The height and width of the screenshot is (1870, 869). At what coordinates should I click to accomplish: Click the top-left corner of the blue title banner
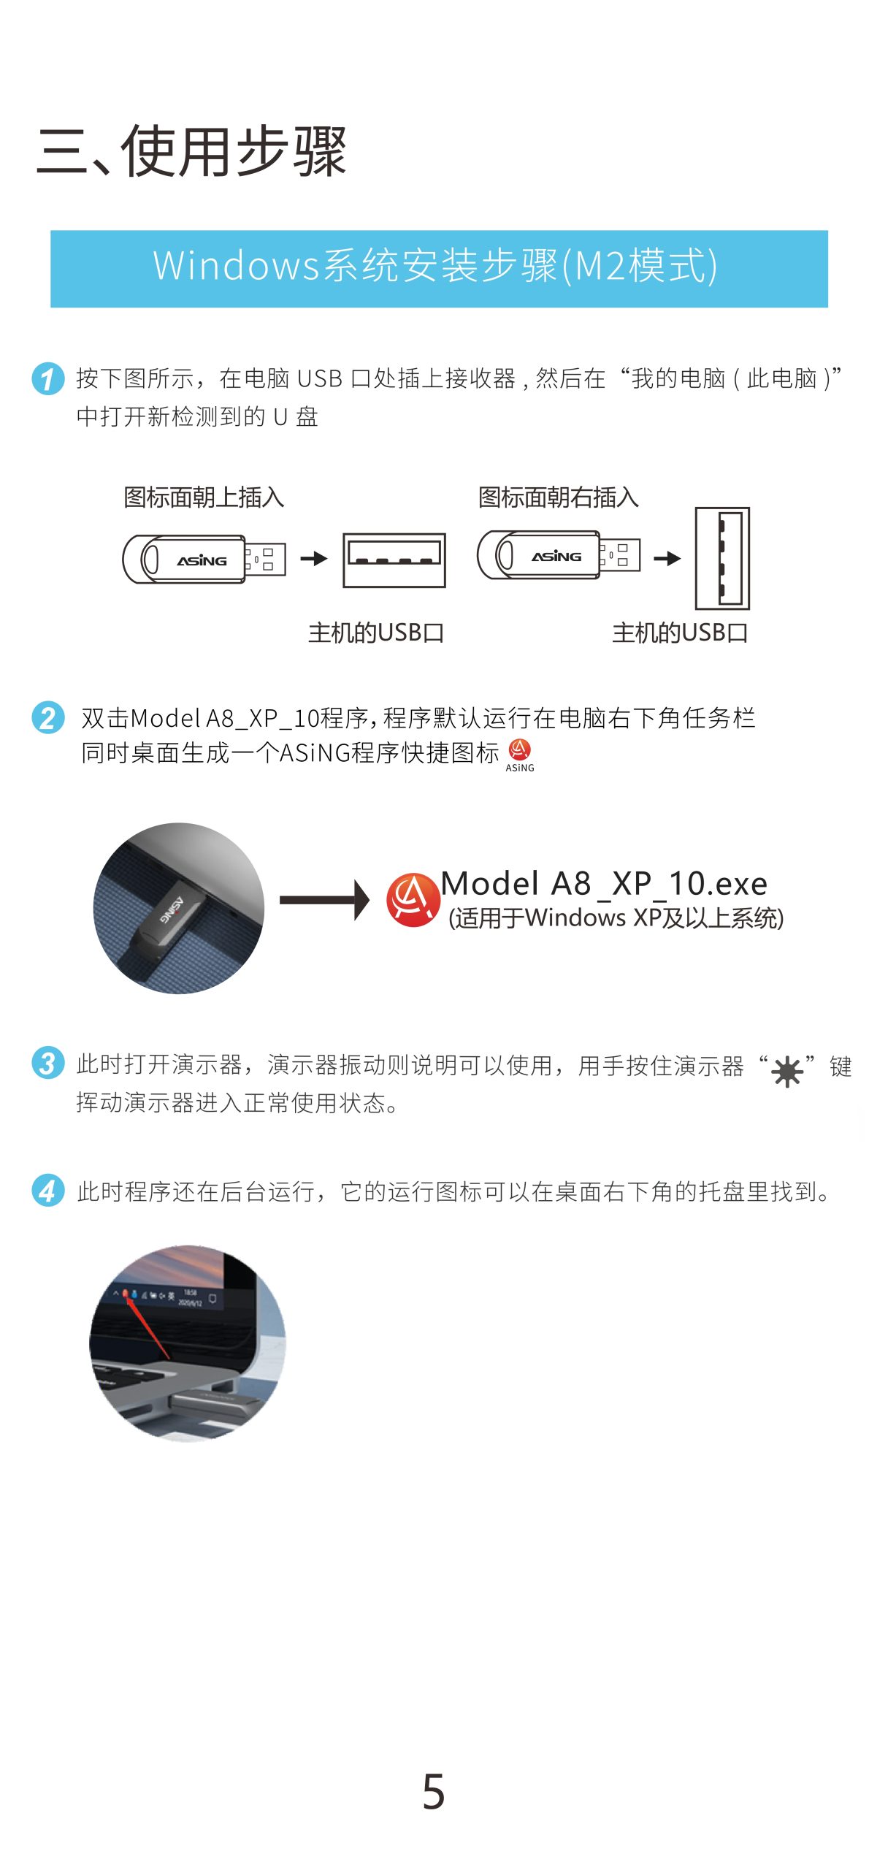[50, 231]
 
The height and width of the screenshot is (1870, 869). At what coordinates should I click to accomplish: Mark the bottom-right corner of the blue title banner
[828, 308]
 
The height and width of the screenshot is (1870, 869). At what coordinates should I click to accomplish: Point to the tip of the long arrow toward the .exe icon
[370, 900]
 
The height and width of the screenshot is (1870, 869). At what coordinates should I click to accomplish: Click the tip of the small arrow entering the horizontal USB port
[329, 559]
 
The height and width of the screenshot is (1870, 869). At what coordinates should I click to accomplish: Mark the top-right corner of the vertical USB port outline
[749, 508]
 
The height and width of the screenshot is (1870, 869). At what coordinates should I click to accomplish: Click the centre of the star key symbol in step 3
[787, 1072]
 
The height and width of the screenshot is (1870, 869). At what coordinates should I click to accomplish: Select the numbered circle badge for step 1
[48, 378]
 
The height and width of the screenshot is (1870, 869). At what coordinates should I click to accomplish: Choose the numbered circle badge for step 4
[48, 1191]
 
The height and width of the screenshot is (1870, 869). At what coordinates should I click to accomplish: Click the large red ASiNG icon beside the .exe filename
[413, 900]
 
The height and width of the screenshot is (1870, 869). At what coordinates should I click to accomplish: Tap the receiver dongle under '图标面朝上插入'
[204, 559]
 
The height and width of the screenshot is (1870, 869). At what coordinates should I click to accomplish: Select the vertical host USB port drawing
[722, 559]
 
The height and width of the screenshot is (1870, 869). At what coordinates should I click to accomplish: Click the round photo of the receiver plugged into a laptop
[179, 908]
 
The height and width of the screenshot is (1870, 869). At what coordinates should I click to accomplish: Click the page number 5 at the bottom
[434, 1791]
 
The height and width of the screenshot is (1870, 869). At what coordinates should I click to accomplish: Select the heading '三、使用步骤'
[191, 151]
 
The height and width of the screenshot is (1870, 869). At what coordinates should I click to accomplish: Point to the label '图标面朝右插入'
[559, 497]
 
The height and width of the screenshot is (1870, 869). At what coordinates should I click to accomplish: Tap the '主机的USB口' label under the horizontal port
[376, 633]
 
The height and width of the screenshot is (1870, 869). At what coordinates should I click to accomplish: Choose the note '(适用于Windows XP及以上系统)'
[616, 917]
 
